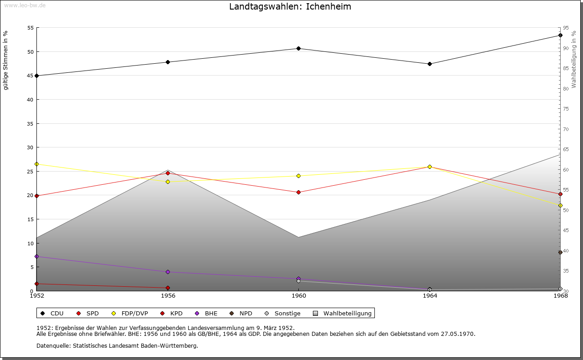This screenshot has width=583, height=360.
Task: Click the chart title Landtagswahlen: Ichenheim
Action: tap(290, 7)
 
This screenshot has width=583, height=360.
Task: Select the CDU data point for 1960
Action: tap(298, 48)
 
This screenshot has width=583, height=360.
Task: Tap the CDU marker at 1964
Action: tap(430, 64)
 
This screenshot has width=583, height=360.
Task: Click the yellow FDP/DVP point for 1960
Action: tap(298, 176)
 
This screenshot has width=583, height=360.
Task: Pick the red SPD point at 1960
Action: tap(298, 192)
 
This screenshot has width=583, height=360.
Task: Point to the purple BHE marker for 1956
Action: tap(168, 272)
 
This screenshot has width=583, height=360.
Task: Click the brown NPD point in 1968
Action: tap(560, 252)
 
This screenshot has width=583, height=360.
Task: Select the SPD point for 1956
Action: tap(168, 173)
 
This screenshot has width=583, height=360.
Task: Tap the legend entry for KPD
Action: tap(176, 313)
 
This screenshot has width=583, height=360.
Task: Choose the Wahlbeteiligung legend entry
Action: tap(347, 313)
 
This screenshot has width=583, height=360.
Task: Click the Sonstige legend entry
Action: tap(287, 313)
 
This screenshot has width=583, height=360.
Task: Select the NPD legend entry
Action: tap(245, 313)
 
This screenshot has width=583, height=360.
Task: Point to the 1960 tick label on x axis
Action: tap(299, 296)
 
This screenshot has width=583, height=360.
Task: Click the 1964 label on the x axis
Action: tap(430, 296)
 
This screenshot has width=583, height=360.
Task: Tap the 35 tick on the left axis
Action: tap(31, 123)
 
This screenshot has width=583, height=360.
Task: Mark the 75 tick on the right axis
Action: tap(565, 109)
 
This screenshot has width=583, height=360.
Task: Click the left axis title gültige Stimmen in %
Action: tap(6, 60)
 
